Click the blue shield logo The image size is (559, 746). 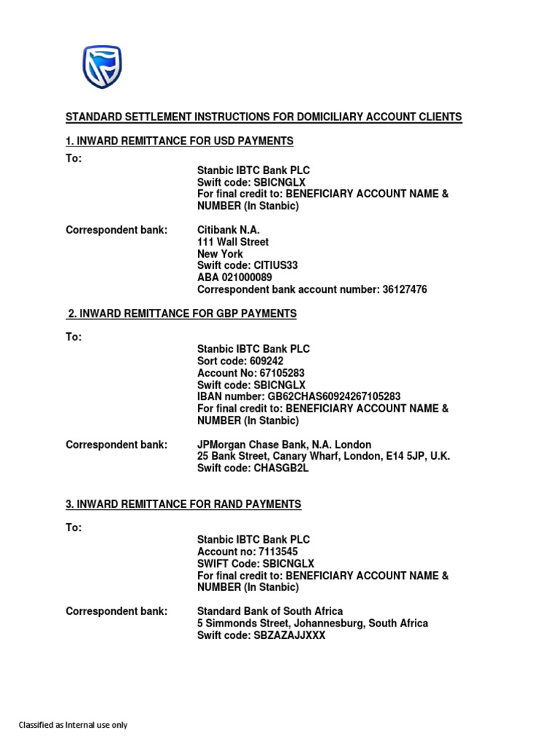tap(102, 67)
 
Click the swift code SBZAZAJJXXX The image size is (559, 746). tap(290, 635)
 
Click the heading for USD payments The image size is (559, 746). tap(179, 141)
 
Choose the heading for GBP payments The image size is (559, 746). tap(181, 313)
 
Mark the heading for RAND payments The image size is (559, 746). tap(183, 504)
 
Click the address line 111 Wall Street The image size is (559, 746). tap(233, 242)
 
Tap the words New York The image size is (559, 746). tap(221, 254)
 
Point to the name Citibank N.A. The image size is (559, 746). tap(229, 230)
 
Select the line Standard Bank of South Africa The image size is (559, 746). tap(270, 611)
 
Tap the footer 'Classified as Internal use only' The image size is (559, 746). tap(73, 725)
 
